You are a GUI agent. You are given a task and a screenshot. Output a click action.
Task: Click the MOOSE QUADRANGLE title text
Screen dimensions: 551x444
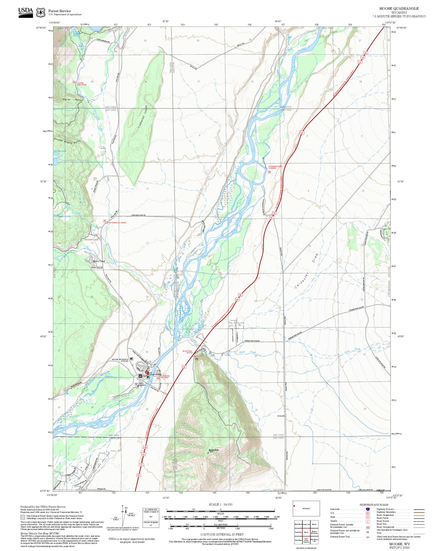coord(399,8)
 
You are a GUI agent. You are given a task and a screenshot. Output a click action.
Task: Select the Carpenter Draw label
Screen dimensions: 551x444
coord(306,270)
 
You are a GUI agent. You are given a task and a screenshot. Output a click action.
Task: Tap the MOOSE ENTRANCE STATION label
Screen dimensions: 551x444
coord(120,360)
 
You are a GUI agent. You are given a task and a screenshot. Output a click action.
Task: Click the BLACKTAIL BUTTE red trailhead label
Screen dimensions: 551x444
coord(187,352)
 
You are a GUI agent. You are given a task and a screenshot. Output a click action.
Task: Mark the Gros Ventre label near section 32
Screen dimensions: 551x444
coord(281,416)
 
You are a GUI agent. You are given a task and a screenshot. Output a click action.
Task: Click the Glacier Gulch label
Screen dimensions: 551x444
coord(71,100)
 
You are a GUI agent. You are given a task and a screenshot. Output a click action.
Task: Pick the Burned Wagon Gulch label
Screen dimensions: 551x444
coord(67,141)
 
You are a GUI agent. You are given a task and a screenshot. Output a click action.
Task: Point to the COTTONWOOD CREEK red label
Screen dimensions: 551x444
coord(116,222)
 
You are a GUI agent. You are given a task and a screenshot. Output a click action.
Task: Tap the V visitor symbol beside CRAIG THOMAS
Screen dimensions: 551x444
coord(136,384)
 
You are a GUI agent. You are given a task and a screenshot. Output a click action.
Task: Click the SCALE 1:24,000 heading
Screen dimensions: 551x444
coord(221,504)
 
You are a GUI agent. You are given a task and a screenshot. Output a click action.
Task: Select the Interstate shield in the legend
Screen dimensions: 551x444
coord(367,509)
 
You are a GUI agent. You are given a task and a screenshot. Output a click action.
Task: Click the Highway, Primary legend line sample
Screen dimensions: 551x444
coord(419,509)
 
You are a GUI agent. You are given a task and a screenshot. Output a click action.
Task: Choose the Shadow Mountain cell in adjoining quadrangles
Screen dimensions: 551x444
coord(315,532)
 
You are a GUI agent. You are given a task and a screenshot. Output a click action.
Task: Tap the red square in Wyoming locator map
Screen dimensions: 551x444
coord(294,506)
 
